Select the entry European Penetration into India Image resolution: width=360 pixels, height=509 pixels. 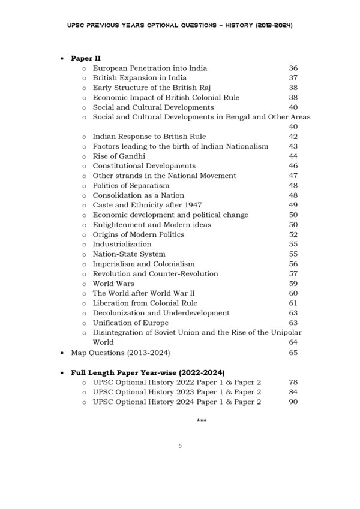click(x=150, y=68)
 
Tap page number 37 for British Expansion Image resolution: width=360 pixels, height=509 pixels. click(x=293, y=78)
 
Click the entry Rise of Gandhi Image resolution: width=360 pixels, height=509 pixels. click(x=119, y=156)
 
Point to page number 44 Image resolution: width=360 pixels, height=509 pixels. click(x=293, y=156)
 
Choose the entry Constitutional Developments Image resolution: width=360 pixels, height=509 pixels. click(x=144, y=166)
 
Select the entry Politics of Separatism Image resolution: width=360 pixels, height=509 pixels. click(x=131, y=186)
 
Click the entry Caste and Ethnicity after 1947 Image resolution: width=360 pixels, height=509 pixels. click(x=147, y=205)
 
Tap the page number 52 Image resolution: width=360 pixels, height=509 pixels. click(x=293, y=234)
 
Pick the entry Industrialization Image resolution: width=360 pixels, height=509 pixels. click(x=122, y=245)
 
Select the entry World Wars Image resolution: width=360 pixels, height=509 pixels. click(x=113, y=284)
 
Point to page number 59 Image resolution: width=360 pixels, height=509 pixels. click(x=293, y=284)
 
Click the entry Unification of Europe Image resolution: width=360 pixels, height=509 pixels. click(x=130, y=323)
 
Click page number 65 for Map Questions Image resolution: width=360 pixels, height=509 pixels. click(x=293, y=353)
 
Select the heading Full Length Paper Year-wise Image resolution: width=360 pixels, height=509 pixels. click(x=148, y=372)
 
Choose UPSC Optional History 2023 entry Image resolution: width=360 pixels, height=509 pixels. click(x=176, y=392)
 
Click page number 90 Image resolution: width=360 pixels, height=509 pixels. click(x=293, y=402)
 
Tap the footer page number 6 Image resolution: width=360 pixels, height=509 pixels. click(x=180, y=446)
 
